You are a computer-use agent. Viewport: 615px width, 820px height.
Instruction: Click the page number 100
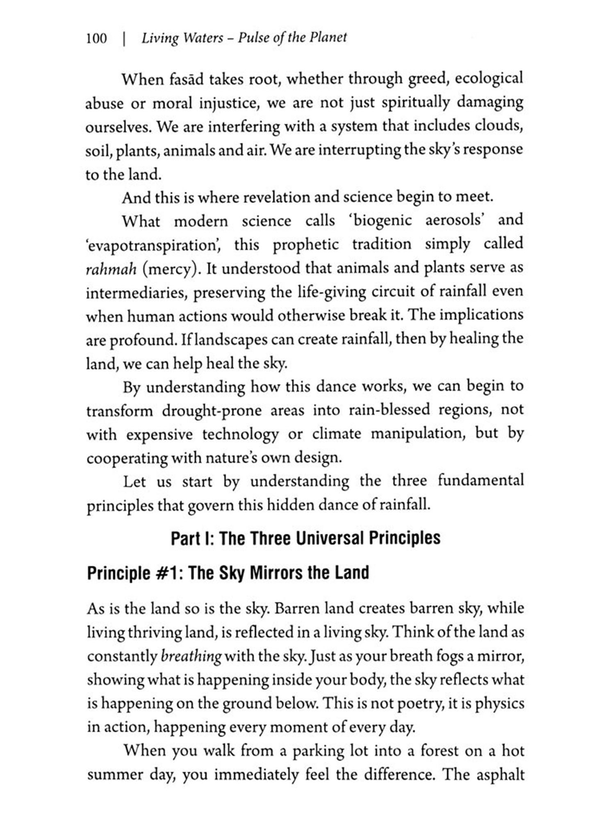click(x=97, y=39)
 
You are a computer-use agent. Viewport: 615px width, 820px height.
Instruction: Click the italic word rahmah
click(x=111, y=269)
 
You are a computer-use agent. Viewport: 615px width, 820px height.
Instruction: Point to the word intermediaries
click(x=134, y=293)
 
